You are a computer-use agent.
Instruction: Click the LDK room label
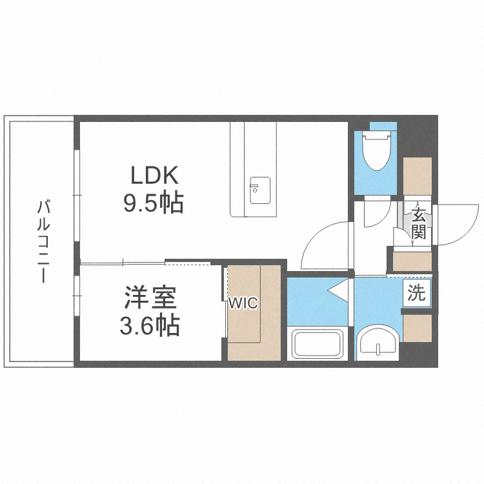(155, 175)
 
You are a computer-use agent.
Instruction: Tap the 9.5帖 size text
(154, 203)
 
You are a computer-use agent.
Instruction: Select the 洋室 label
(150, 297)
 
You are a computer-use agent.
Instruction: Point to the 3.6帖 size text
(150, 325)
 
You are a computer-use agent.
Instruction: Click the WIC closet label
(243, 303)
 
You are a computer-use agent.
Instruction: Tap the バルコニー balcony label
(43, 241)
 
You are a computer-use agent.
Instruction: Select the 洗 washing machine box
(417, 292)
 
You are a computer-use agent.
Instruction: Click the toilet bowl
(377, 150)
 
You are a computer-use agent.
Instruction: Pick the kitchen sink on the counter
(260, 190)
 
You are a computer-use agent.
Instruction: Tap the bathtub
(318, 343)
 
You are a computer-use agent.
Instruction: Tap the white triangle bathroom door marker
(338, 290)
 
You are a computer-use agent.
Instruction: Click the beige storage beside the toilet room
(418, 176)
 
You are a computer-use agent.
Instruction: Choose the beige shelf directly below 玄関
(412, 262)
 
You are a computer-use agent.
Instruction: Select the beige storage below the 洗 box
(418, 328)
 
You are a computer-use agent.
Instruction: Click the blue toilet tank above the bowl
(383, 126)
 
